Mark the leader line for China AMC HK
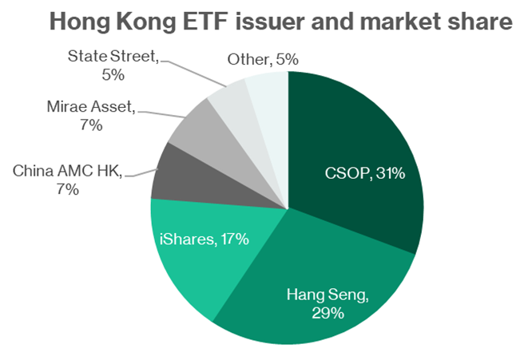140,172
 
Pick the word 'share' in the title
477,23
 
